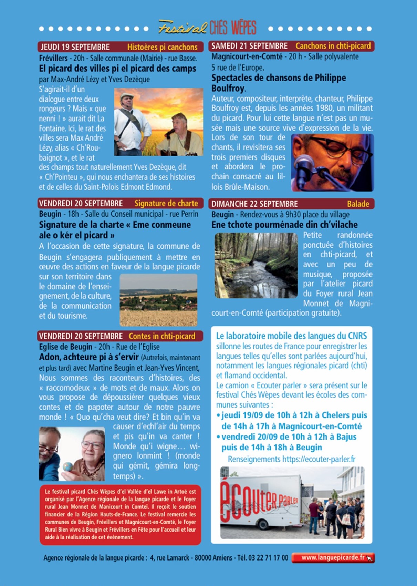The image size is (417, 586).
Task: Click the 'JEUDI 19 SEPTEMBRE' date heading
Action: tap(75, 47)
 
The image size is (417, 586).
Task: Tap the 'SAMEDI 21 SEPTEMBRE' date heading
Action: tap(249, 46)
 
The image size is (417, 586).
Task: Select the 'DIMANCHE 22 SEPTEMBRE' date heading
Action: tap(254, 204)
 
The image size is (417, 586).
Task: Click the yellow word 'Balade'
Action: tap(358, 204)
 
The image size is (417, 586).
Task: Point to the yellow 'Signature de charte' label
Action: tap(166, 203)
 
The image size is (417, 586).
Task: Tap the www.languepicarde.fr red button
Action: tap(333, 558)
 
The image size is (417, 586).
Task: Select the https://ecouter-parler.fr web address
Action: tap(319, 459)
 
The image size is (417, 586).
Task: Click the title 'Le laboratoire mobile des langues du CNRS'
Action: tap(291, 336)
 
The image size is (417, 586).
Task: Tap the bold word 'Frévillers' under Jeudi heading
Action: tap(53, 58)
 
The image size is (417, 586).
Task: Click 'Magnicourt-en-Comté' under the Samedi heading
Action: tap(247, 56)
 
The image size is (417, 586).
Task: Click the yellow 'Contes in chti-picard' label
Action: tap(162, 336)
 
